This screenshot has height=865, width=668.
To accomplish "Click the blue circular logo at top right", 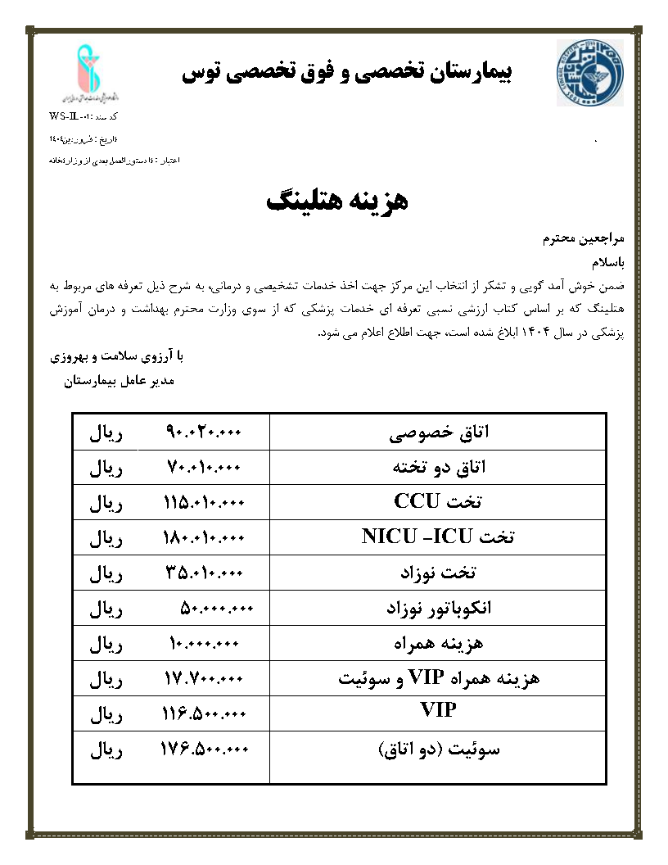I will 589,74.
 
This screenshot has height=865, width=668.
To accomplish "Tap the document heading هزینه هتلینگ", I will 336,202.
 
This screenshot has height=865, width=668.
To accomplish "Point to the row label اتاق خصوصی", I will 439,432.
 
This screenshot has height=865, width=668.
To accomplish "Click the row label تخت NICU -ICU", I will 438,538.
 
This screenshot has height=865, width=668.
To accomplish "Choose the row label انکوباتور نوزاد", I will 439,609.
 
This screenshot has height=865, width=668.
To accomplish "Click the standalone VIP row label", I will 438,710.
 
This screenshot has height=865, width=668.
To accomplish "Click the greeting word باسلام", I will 607,263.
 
